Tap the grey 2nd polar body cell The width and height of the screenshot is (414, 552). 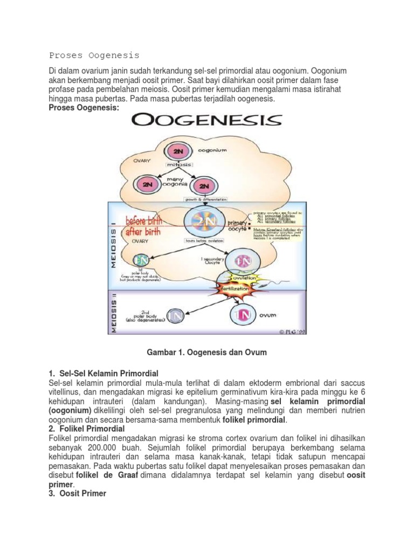(174, 315)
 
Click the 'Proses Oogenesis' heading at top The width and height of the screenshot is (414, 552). (94, 55)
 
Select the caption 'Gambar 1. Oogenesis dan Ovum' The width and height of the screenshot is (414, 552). (207, 352)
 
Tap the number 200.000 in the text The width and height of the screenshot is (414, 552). (102, 447)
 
